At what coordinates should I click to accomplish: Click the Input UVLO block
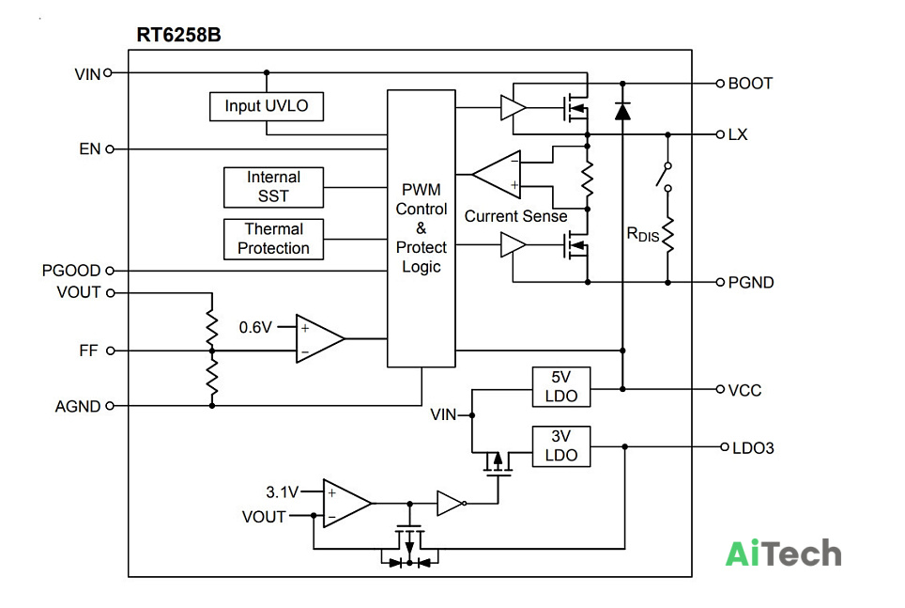click(266, 106)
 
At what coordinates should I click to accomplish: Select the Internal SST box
click(273, 187)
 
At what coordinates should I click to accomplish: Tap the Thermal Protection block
click(273, 240)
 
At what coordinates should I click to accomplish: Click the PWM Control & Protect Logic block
click(422, 228)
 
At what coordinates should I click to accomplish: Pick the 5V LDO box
click(561, 386)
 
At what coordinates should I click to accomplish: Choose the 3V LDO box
click(561, 446)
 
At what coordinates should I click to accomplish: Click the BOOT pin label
click(750, 84)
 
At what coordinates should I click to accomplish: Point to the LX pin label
click(738, 134)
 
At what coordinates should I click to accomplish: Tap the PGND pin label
click(751, 283)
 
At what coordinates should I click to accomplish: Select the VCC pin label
click(744, 391)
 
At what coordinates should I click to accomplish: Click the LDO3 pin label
click(753, 448)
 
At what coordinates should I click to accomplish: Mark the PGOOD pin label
click(71, 271)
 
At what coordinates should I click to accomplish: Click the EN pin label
click(89, 149)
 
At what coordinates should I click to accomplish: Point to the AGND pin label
click(78, 407)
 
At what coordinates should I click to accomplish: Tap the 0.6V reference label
click(255, 328)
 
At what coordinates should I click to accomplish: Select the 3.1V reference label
click(282, 492)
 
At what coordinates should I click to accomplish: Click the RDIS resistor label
click(642, 235)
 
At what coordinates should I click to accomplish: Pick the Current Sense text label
click(515, 216)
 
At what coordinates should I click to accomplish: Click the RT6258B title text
click(178, 36)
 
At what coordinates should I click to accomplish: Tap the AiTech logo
click(783, 553)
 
